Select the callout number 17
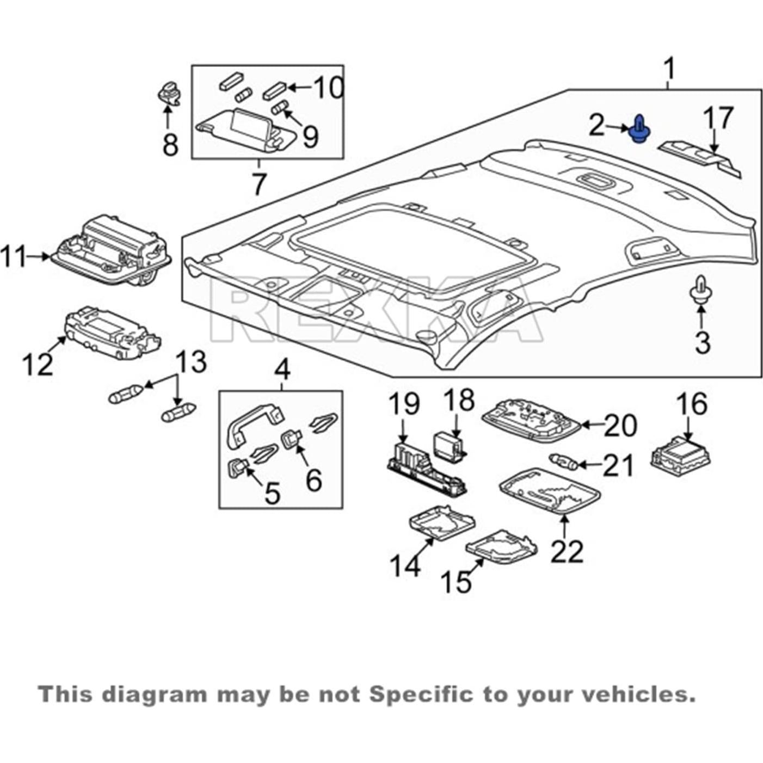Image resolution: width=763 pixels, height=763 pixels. coord(718,119)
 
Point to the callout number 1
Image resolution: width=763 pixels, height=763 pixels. coord(669,70)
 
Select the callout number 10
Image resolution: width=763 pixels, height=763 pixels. coord(328,88)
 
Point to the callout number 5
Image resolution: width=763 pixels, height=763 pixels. coord(272,493)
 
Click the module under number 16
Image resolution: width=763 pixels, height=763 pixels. coord(680,454)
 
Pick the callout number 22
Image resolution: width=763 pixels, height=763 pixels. coord(567,551)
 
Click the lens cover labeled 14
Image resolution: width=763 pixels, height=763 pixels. coord(441,524)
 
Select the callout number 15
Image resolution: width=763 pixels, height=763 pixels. coord(456,582)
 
